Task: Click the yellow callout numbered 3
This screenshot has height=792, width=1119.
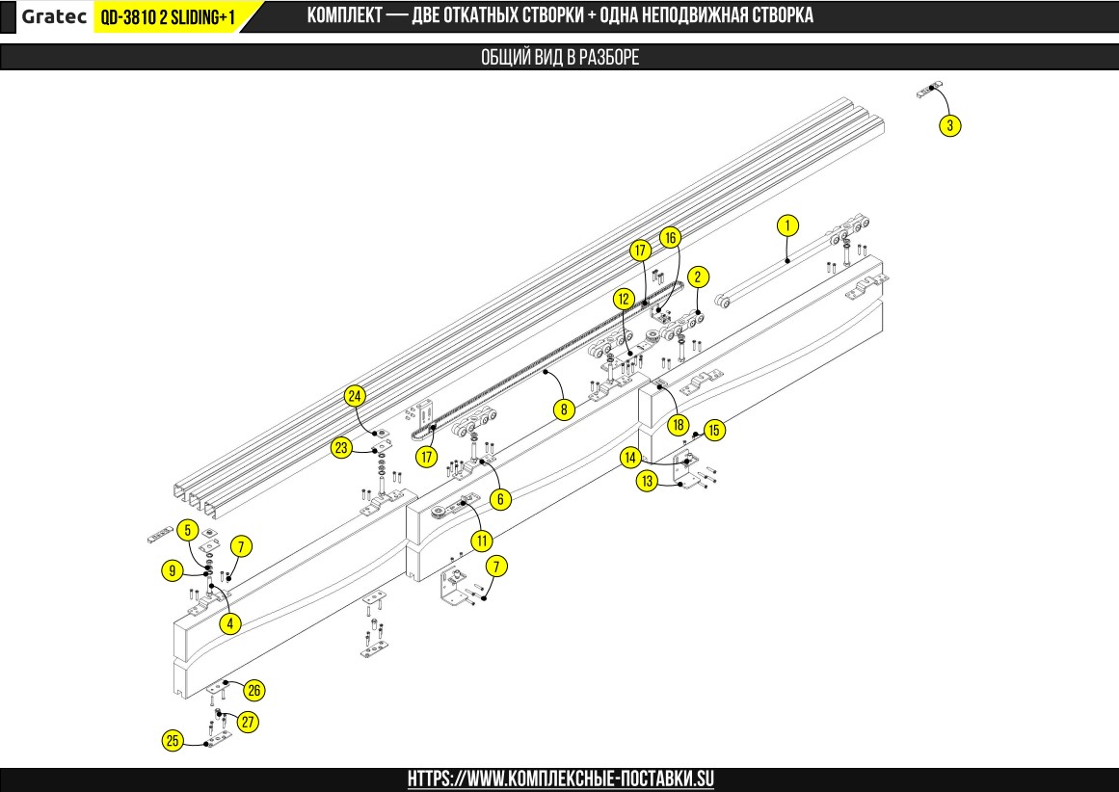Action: [950, 125]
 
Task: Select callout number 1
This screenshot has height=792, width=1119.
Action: [787, 225]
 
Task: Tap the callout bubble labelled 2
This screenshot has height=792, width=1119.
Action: [700, 276]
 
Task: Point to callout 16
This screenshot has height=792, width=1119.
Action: [670, 237]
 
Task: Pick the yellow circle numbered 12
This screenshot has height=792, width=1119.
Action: [625, 300]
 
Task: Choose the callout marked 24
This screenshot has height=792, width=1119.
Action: [356, 396]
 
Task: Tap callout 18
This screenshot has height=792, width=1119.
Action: [679, 424]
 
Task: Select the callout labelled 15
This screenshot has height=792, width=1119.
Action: [713, 430]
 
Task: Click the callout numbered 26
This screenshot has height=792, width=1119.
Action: [254, 690]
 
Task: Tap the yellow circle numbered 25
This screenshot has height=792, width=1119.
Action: [173, 740]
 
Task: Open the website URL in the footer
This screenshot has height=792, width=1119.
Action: [560, 779]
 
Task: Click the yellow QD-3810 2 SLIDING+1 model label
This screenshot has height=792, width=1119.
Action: [168, 16]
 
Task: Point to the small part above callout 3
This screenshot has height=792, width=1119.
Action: [929, 92]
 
